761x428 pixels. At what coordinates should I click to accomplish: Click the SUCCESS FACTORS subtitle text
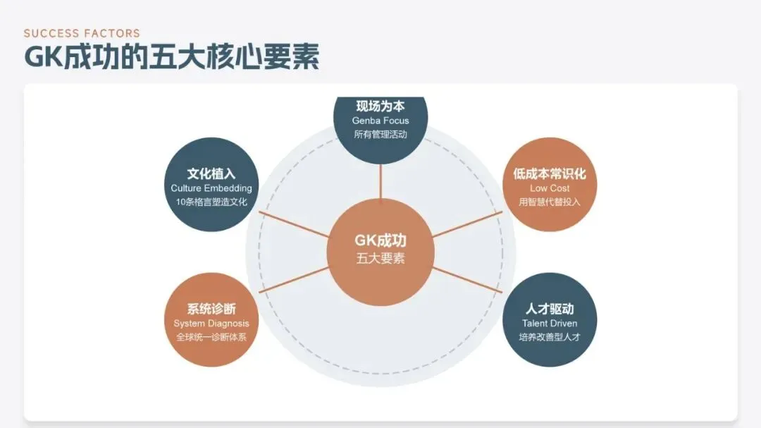click(x=82, y=33)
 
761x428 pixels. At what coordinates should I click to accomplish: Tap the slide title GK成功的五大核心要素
click(x=172, y=57)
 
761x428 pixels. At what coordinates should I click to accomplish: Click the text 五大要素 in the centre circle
click(x=380, y=258)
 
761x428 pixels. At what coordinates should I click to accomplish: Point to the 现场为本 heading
click(x=380, y=106)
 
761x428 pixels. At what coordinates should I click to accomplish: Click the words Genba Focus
click(x=380, y=121)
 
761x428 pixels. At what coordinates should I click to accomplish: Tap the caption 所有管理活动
click(x=380, y=135)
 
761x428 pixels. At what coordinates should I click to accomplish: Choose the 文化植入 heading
click(x=211, y=173)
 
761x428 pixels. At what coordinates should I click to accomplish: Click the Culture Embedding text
click(x=211, y=188)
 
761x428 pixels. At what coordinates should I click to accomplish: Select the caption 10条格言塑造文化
click(x=211, y=202)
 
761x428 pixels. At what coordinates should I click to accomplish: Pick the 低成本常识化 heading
click(x=550, y=173)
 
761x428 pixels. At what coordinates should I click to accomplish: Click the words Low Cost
click(x=550, y=188)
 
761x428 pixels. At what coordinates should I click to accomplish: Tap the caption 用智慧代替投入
click(x=550, y=202)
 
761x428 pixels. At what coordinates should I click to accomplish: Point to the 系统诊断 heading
click(x=211, y=309)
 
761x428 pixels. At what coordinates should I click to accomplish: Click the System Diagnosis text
click(x=211, y=324)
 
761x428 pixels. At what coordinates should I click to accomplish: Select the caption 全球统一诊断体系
click(x=211, y=337)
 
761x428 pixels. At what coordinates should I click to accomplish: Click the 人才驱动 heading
click(x=550, y=309)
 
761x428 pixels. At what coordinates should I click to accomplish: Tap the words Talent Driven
click(x=550, y=324)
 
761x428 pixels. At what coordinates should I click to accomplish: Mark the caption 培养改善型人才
click(x=550, y=337)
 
